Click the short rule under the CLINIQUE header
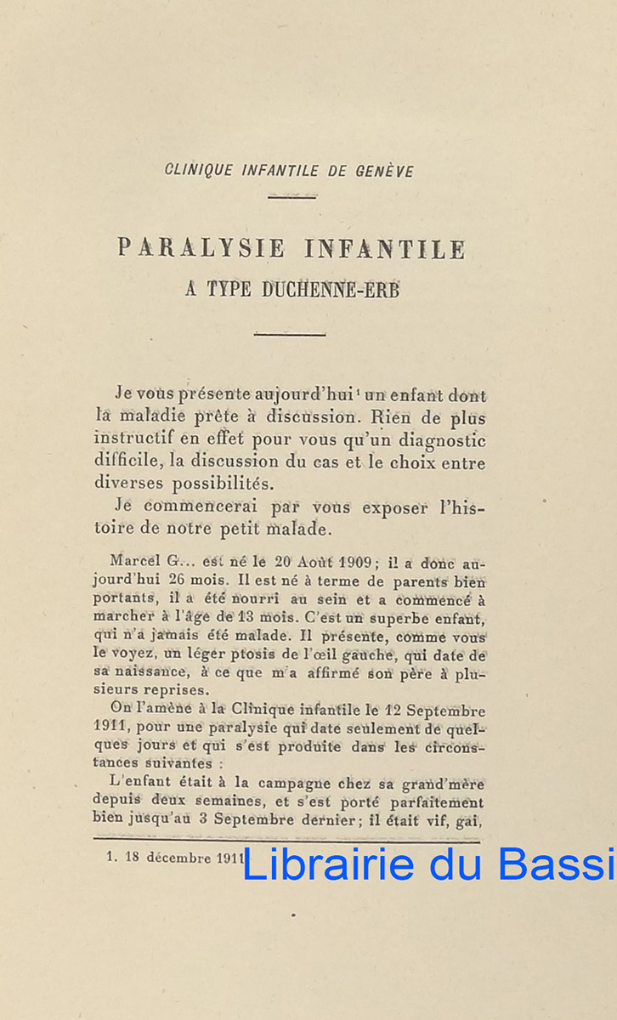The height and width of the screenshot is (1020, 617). (x=292, y=197)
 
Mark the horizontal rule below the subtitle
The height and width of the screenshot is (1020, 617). (x=290, y=334)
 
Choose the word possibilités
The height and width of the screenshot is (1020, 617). (x=224, y=483)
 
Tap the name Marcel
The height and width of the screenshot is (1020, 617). (x=137, y=563)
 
